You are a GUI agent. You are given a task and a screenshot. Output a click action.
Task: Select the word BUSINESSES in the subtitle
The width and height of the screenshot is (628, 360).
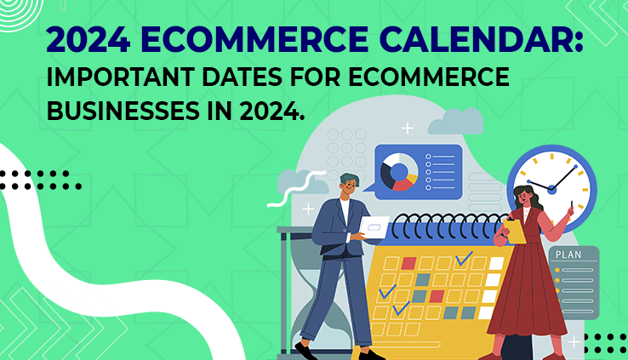pos(123,111)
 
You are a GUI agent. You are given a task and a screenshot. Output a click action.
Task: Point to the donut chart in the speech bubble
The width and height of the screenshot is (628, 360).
pos(399,172)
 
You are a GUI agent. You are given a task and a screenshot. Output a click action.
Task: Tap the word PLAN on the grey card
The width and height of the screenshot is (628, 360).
pos(568,254)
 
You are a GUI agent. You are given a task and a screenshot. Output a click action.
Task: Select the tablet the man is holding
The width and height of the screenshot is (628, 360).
pos(374,227)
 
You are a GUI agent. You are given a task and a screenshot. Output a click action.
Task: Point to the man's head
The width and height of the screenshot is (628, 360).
pos(349,186)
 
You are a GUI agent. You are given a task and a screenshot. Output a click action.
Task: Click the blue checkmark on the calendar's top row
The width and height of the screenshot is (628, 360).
pos(464,259)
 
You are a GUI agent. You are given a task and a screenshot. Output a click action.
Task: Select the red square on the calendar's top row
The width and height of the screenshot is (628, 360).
pos(409,263)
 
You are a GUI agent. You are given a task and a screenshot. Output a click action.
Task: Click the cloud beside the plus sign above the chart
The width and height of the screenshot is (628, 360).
pos(456,122)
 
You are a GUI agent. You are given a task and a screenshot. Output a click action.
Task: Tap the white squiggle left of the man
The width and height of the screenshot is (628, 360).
pos(296,188)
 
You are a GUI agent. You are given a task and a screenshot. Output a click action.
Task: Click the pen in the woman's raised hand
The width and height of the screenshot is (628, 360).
pos(572,204)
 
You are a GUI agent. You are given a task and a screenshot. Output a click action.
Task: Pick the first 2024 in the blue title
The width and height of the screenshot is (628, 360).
pos(88,40)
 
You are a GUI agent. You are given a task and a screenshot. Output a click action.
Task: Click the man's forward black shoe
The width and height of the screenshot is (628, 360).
pos(306,351)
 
